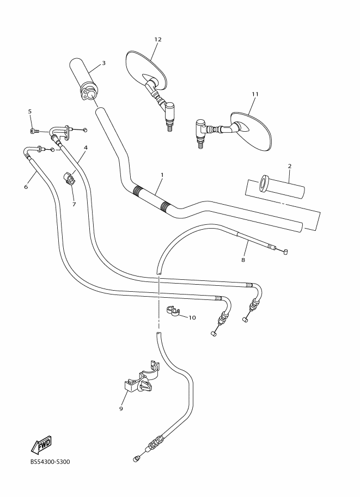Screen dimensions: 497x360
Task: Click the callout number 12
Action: pos(158,40)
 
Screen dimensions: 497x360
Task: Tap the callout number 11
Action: pos(254,94)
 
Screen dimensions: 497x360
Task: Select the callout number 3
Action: pos(103,63)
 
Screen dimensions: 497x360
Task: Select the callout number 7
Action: pos(74,204)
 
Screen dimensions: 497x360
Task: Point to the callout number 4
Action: pos(86,148)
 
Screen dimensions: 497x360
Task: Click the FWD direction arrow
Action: pos(41,445)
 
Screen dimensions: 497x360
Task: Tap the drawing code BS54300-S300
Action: pos(50,463)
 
